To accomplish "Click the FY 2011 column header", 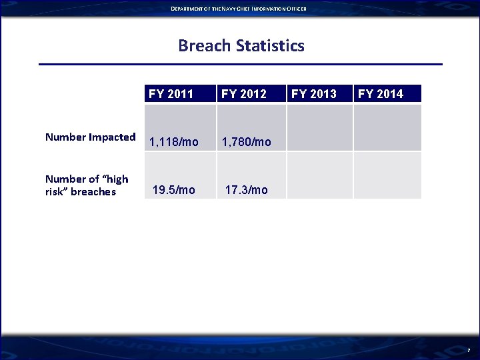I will (x=171, y=93).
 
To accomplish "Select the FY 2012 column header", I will (x=244, y=93).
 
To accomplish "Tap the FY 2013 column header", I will (x=314, y=93).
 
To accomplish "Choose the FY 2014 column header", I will (x=381, y=93).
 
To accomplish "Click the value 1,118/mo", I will (x=174, y=142).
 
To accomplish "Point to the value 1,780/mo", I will (x=247, y=142).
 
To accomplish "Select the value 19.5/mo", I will (x=174, y=190).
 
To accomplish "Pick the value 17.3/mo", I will (x=247, y=190).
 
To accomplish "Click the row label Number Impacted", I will (x=90, y=137).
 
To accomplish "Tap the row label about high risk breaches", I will (x=87, y=185).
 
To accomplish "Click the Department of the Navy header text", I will (x=238, y=8).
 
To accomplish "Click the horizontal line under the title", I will (x=240, y=65).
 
